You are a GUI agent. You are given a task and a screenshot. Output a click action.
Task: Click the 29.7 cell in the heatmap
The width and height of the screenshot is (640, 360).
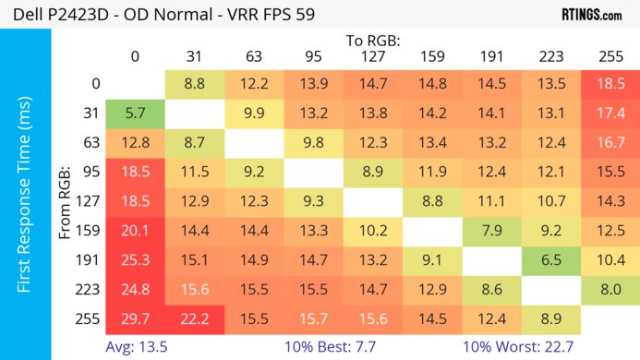[136, 318]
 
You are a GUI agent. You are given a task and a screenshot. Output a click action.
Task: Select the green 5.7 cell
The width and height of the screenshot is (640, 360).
[136, 114]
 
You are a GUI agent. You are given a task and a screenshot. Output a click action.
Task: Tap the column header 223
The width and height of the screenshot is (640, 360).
[550, 56]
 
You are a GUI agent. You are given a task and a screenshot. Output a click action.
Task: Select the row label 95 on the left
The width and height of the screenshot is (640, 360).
[91, 172]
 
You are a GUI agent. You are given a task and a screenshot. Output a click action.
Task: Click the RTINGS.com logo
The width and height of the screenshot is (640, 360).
[591, 15]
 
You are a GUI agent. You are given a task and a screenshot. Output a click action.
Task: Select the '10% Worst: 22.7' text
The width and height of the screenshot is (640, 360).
[520, 346]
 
